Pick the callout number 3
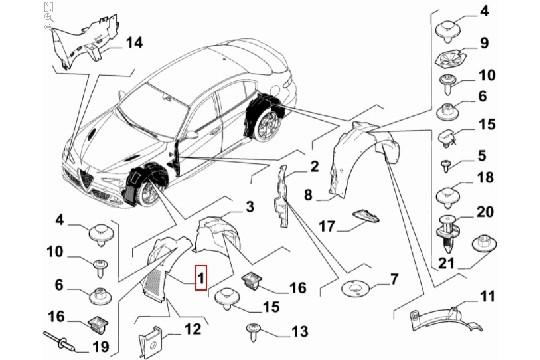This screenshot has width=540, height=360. (x=251, y=206)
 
